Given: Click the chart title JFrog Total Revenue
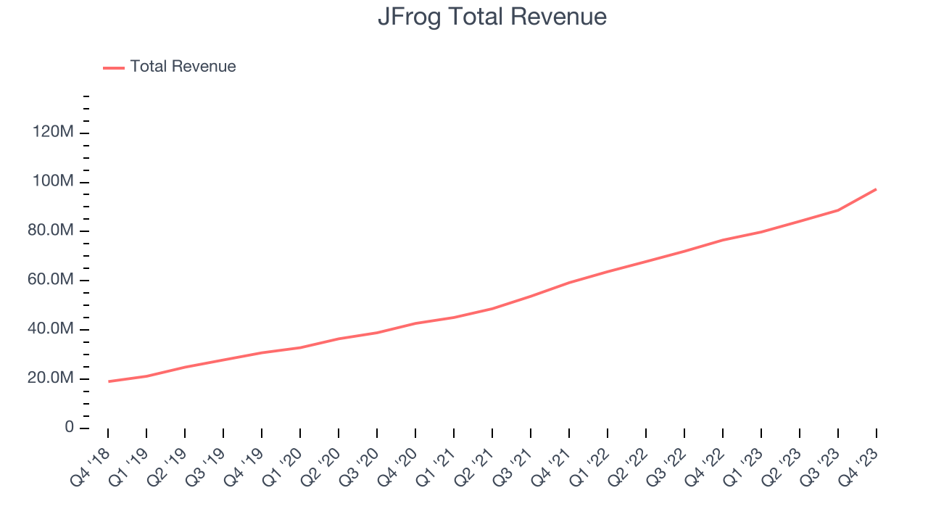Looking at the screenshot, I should click(x=492, y=17).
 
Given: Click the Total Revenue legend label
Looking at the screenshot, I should click(x=183, y=67).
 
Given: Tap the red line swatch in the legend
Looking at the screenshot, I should click(x=114, y=67).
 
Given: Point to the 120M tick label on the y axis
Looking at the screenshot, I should click(x=53, y=133).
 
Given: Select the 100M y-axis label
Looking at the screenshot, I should click(x=53, y=181).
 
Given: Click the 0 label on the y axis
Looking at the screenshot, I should click(x=69, y=428).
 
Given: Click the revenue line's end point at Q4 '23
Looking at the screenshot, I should click(x=876, y=189).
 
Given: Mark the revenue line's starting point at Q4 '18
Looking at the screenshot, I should click(x=108, y=381).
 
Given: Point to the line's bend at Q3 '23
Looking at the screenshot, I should click(x=838, y=210).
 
